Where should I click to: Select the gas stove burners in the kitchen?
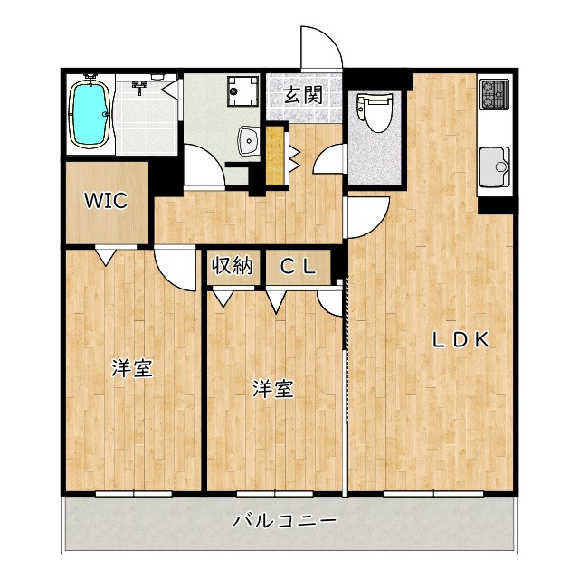(494, 92)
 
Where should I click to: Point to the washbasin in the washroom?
(246, 140)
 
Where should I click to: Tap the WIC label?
(106, 200)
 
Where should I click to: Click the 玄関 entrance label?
(302, 94)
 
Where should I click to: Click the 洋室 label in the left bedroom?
(131, 368)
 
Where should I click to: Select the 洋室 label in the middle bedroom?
(271, 389)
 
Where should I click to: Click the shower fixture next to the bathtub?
(142, 89)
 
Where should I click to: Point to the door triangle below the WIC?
(108, 257)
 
